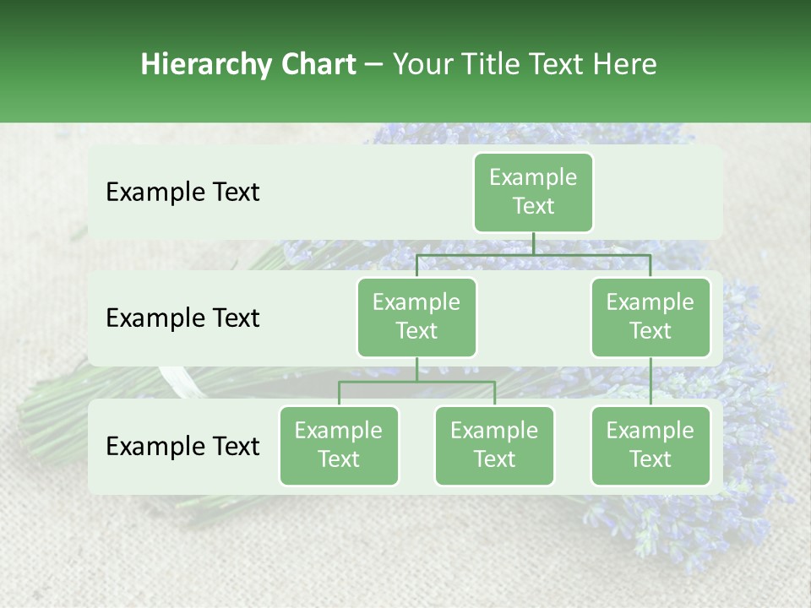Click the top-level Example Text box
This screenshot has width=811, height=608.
533,192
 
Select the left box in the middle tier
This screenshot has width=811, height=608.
416,317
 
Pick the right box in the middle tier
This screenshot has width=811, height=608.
650,317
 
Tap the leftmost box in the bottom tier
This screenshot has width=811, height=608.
339,445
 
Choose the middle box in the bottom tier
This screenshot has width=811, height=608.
494,445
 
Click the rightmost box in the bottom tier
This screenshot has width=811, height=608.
650,445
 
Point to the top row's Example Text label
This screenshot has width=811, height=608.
182,193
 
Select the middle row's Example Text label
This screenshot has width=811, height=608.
182,318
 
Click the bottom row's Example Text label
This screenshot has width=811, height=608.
182,447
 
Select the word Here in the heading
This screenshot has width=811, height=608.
624,65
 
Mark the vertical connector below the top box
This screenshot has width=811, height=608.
533,243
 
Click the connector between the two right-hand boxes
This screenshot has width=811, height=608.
650,382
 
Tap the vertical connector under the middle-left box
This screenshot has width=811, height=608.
416,369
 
